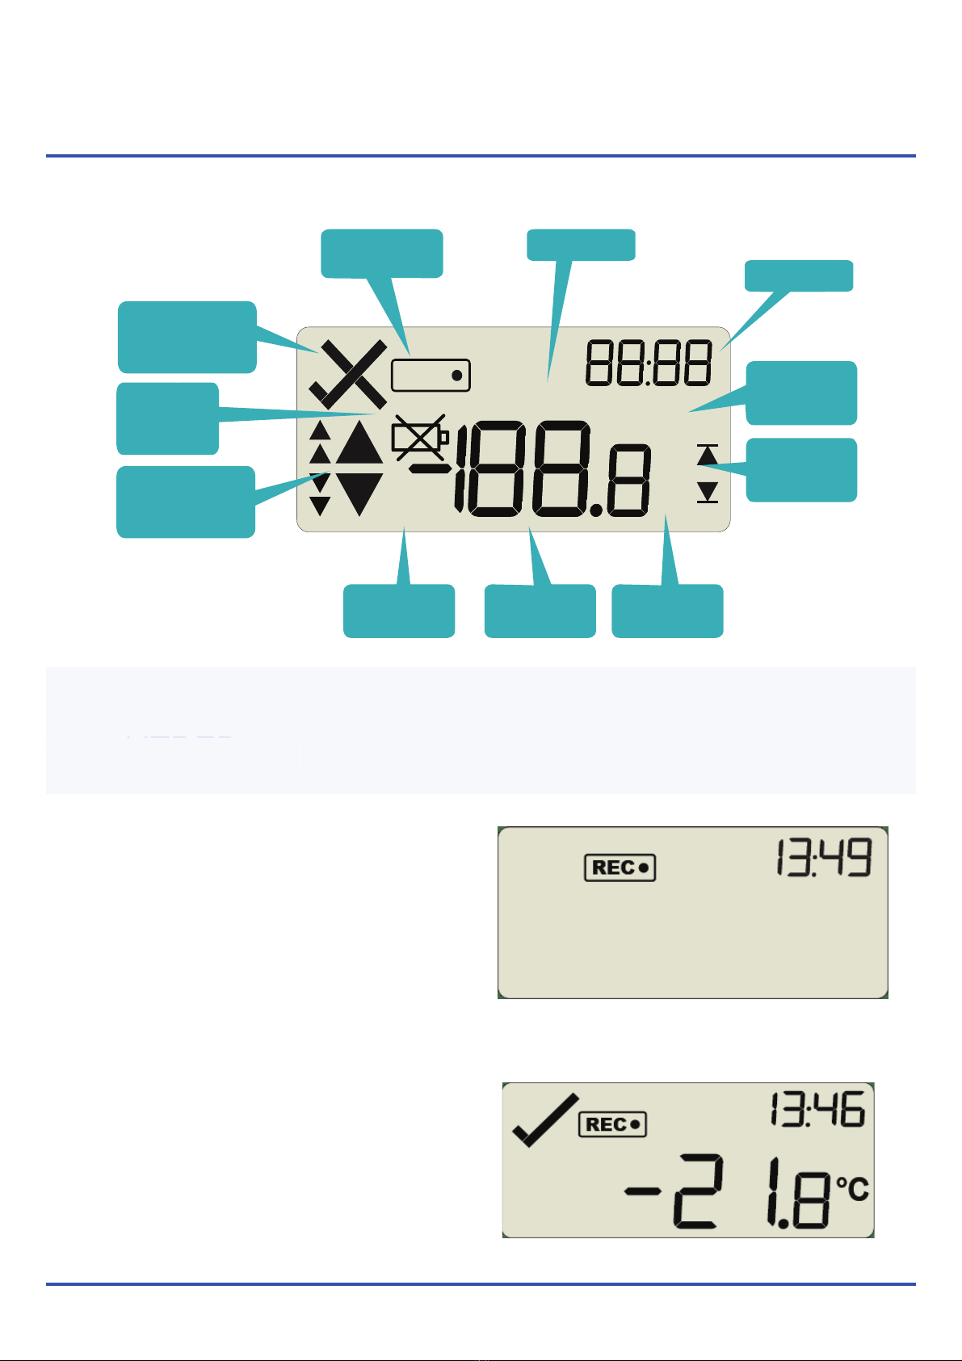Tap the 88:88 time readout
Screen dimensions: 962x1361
pyautogui.click(x=649, y=363)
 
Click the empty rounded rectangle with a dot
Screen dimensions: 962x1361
pyautogui.click(x=431, y=376)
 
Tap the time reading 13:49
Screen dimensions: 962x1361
pyautogui.click(x=823, y=858)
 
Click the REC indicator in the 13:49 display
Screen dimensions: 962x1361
pyautogui.click(x=620, y=868)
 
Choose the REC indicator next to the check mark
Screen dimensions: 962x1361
pyautogui.click(x=613, y=1124)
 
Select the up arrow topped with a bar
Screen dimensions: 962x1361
pyautogui.click(x=708, y=455)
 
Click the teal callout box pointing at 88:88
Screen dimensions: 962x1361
pyautogui.click(x=798, y=275)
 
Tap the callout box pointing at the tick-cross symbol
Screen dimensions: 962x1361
pyautogui.click(x=187, y=336)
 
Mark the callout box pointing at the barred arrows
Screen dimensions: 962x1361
pyautogui.click(x=800, y=469)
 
